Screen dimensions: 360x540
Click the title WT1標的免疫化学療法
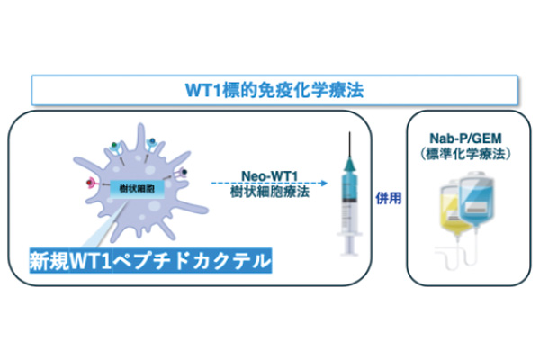tap(274, 89)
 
